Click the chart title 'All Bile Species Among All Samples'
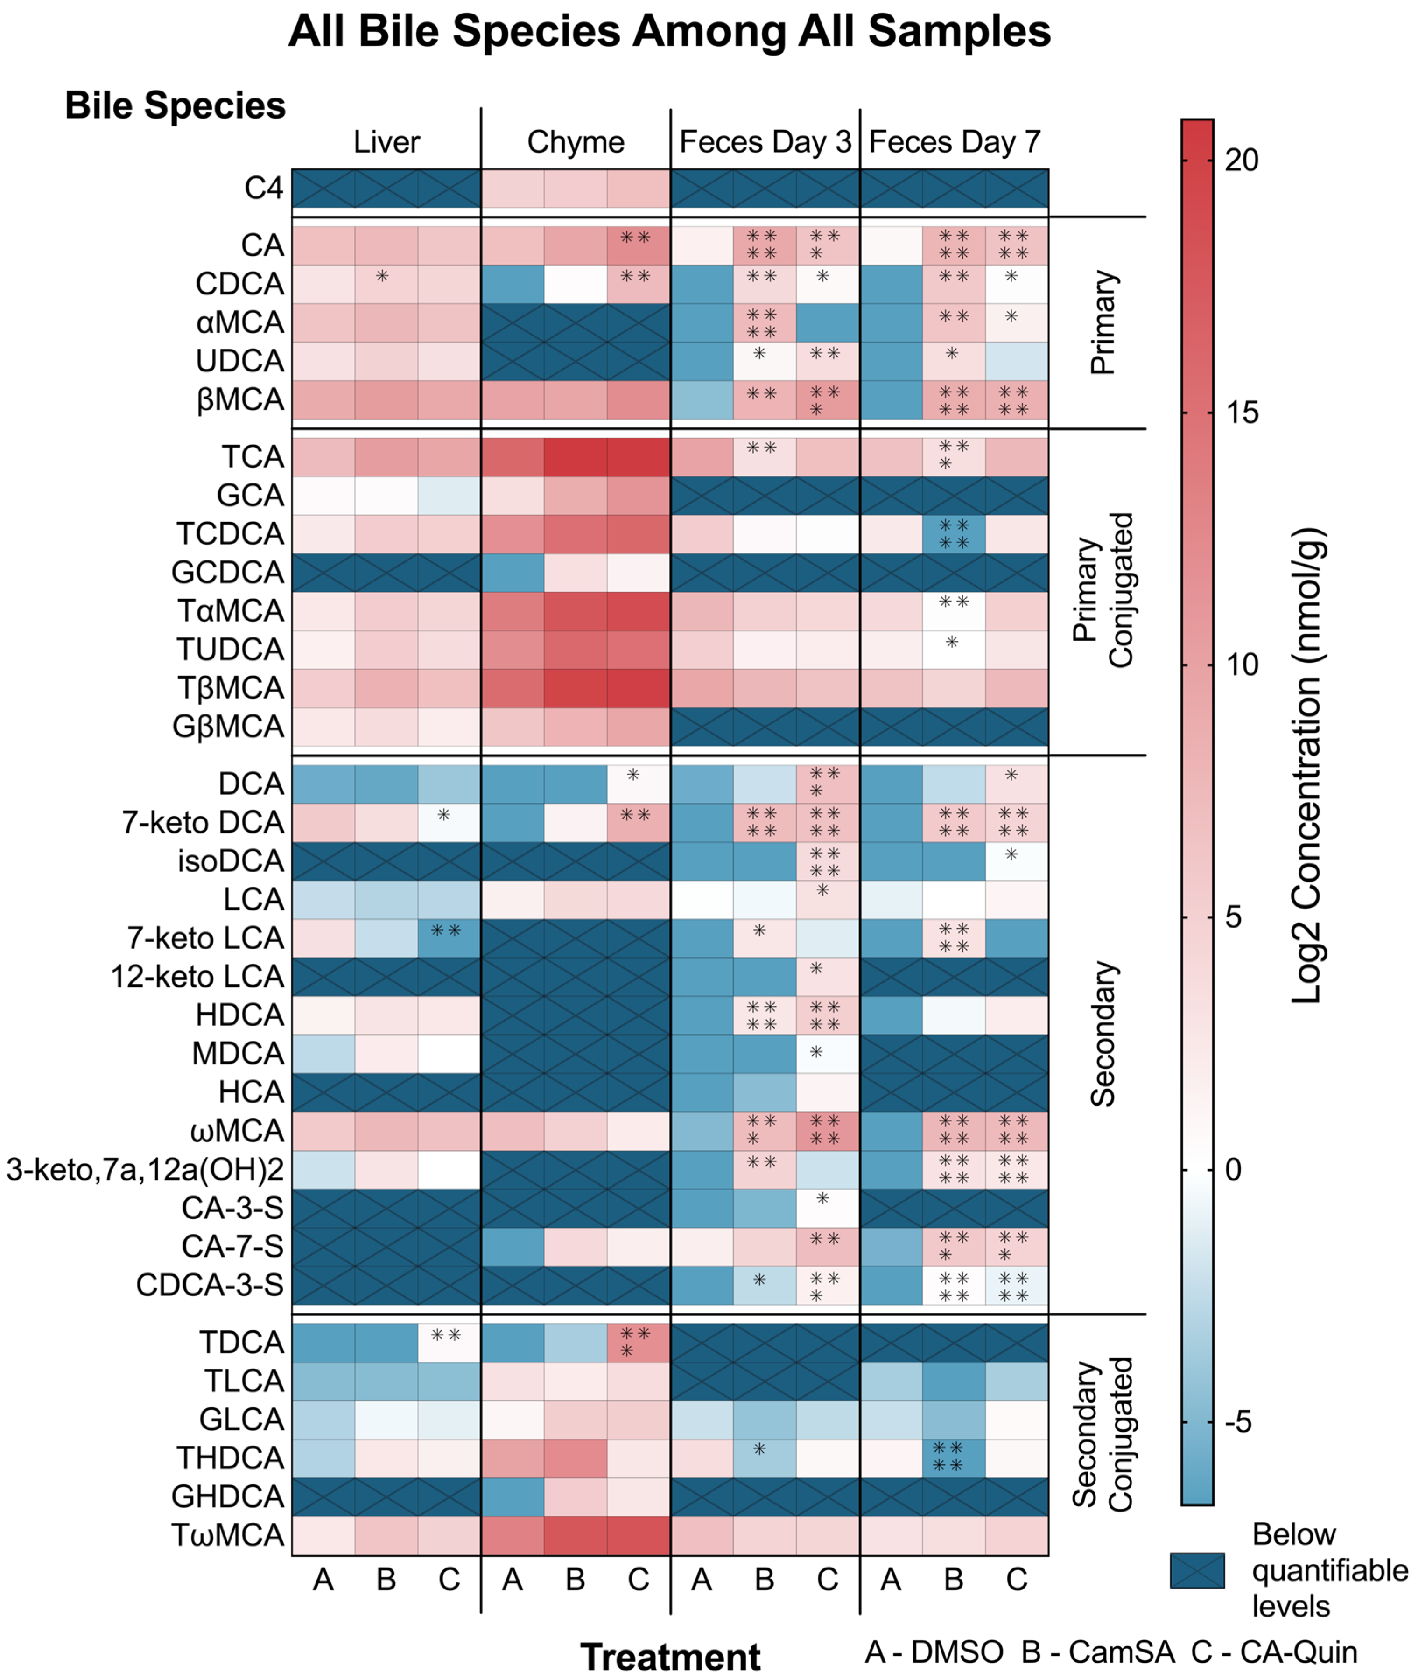[x=669, y=32]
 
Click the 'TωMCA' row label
[x=228, y=1535]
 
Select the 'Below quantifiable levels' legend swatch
[x=1197, y=1570]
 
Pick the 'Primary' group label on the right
[x=1104, y=322]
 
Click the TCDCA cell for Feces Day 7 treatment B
[x=954, y=534]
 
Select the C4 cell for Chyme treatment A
[x=513, y=189]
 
